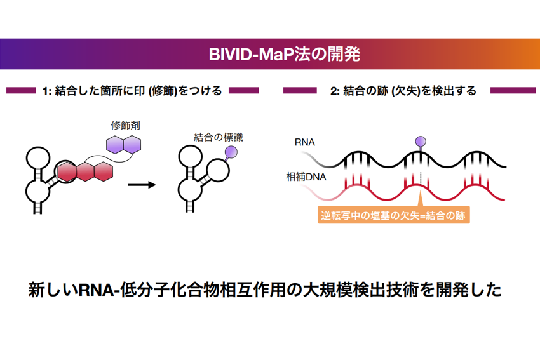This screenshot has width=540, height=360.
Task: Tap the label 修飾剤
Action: tap(125, 126)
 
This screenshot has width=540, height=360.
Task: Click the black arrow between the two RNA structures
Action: tap(142, 185)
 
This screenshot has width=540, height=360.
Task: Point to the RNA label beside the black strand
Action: tap(304, 144)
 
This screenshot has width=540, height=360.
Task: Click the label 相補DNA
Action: tap(306, 177)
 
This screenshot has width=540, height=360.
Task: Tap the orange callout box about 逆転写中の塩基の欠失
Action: tap(393, 215)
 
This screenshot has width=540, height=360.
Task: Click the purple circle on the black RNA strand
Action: tap(420, 140)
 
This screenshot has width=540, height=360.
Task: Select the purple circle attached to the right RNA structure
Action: tap(231, 152)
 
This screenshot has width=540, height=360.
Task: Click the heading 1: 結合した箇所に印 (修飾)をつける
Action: tap(132, 91)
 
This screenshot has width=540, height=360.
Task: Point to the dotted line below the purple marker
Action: tap(420, 176)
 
